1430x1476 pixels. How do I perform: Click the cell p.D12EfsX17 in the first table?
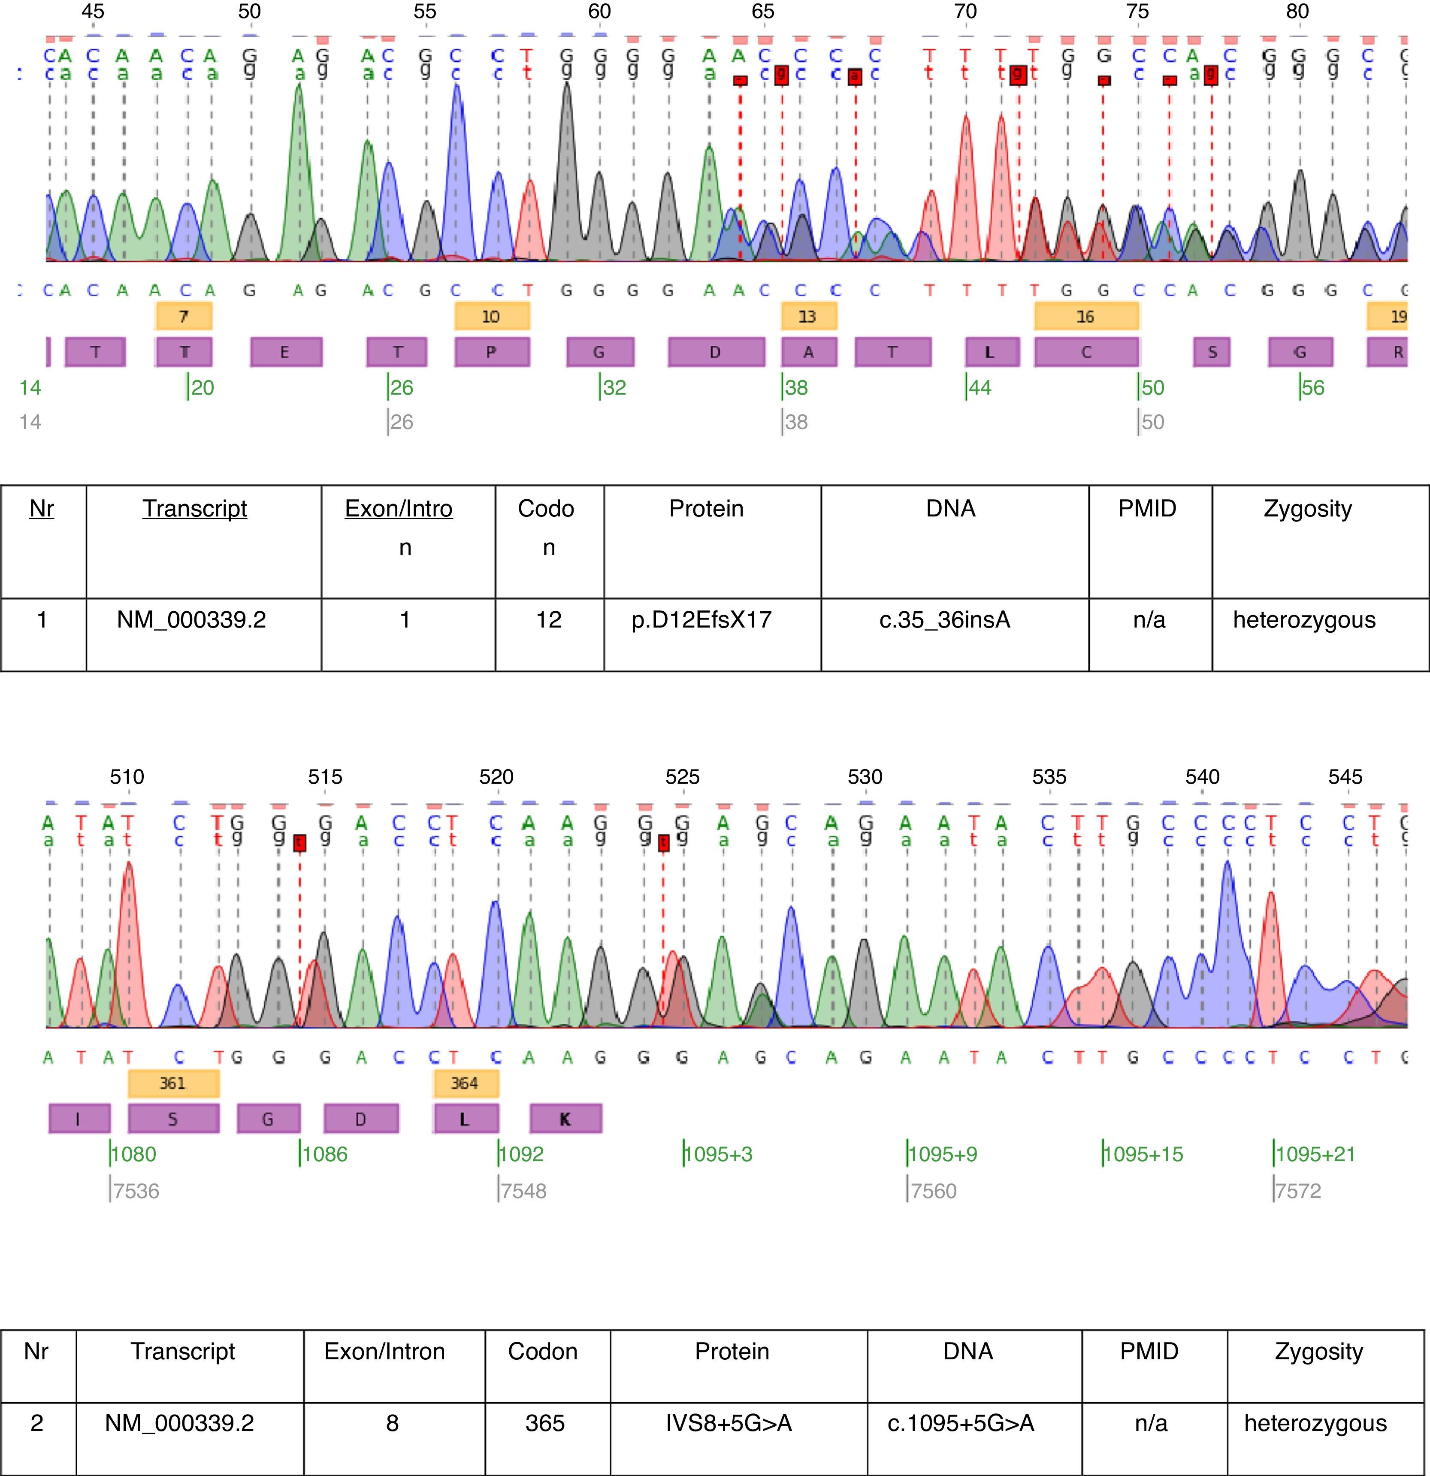tap(701, 620)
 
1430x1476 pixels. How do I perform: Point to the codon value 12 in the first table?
tap(548, 620)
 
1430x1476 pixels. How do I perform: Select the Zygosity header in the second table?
tap(1318, 1351)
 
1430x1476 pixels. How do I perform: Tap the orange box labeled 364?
tap(464, 1083)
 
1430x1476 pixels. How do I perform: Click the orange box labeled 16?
tap(1085, 316)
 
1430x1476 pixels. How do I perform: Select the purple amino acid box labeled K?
tap(565, 1119)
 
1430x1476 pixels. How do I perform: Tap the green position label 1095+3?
tap(718, 1154)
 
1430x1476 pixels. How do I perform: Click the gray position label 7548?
tap(523, 1191)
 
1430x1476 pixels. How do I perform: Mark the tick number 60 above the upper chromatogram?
tap(600, 11)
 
